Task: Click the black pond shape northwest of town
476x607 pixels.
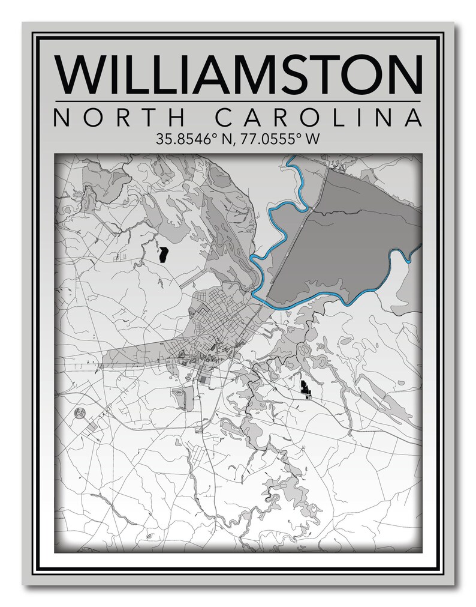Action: pos(162,253)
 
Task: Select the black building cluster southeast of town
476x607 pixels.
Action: pos(306,388)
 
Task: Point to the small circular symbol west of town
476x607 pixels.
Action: pos(79,412)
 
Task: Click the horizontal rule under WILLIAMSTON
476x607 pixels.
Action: pos(238,101)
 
